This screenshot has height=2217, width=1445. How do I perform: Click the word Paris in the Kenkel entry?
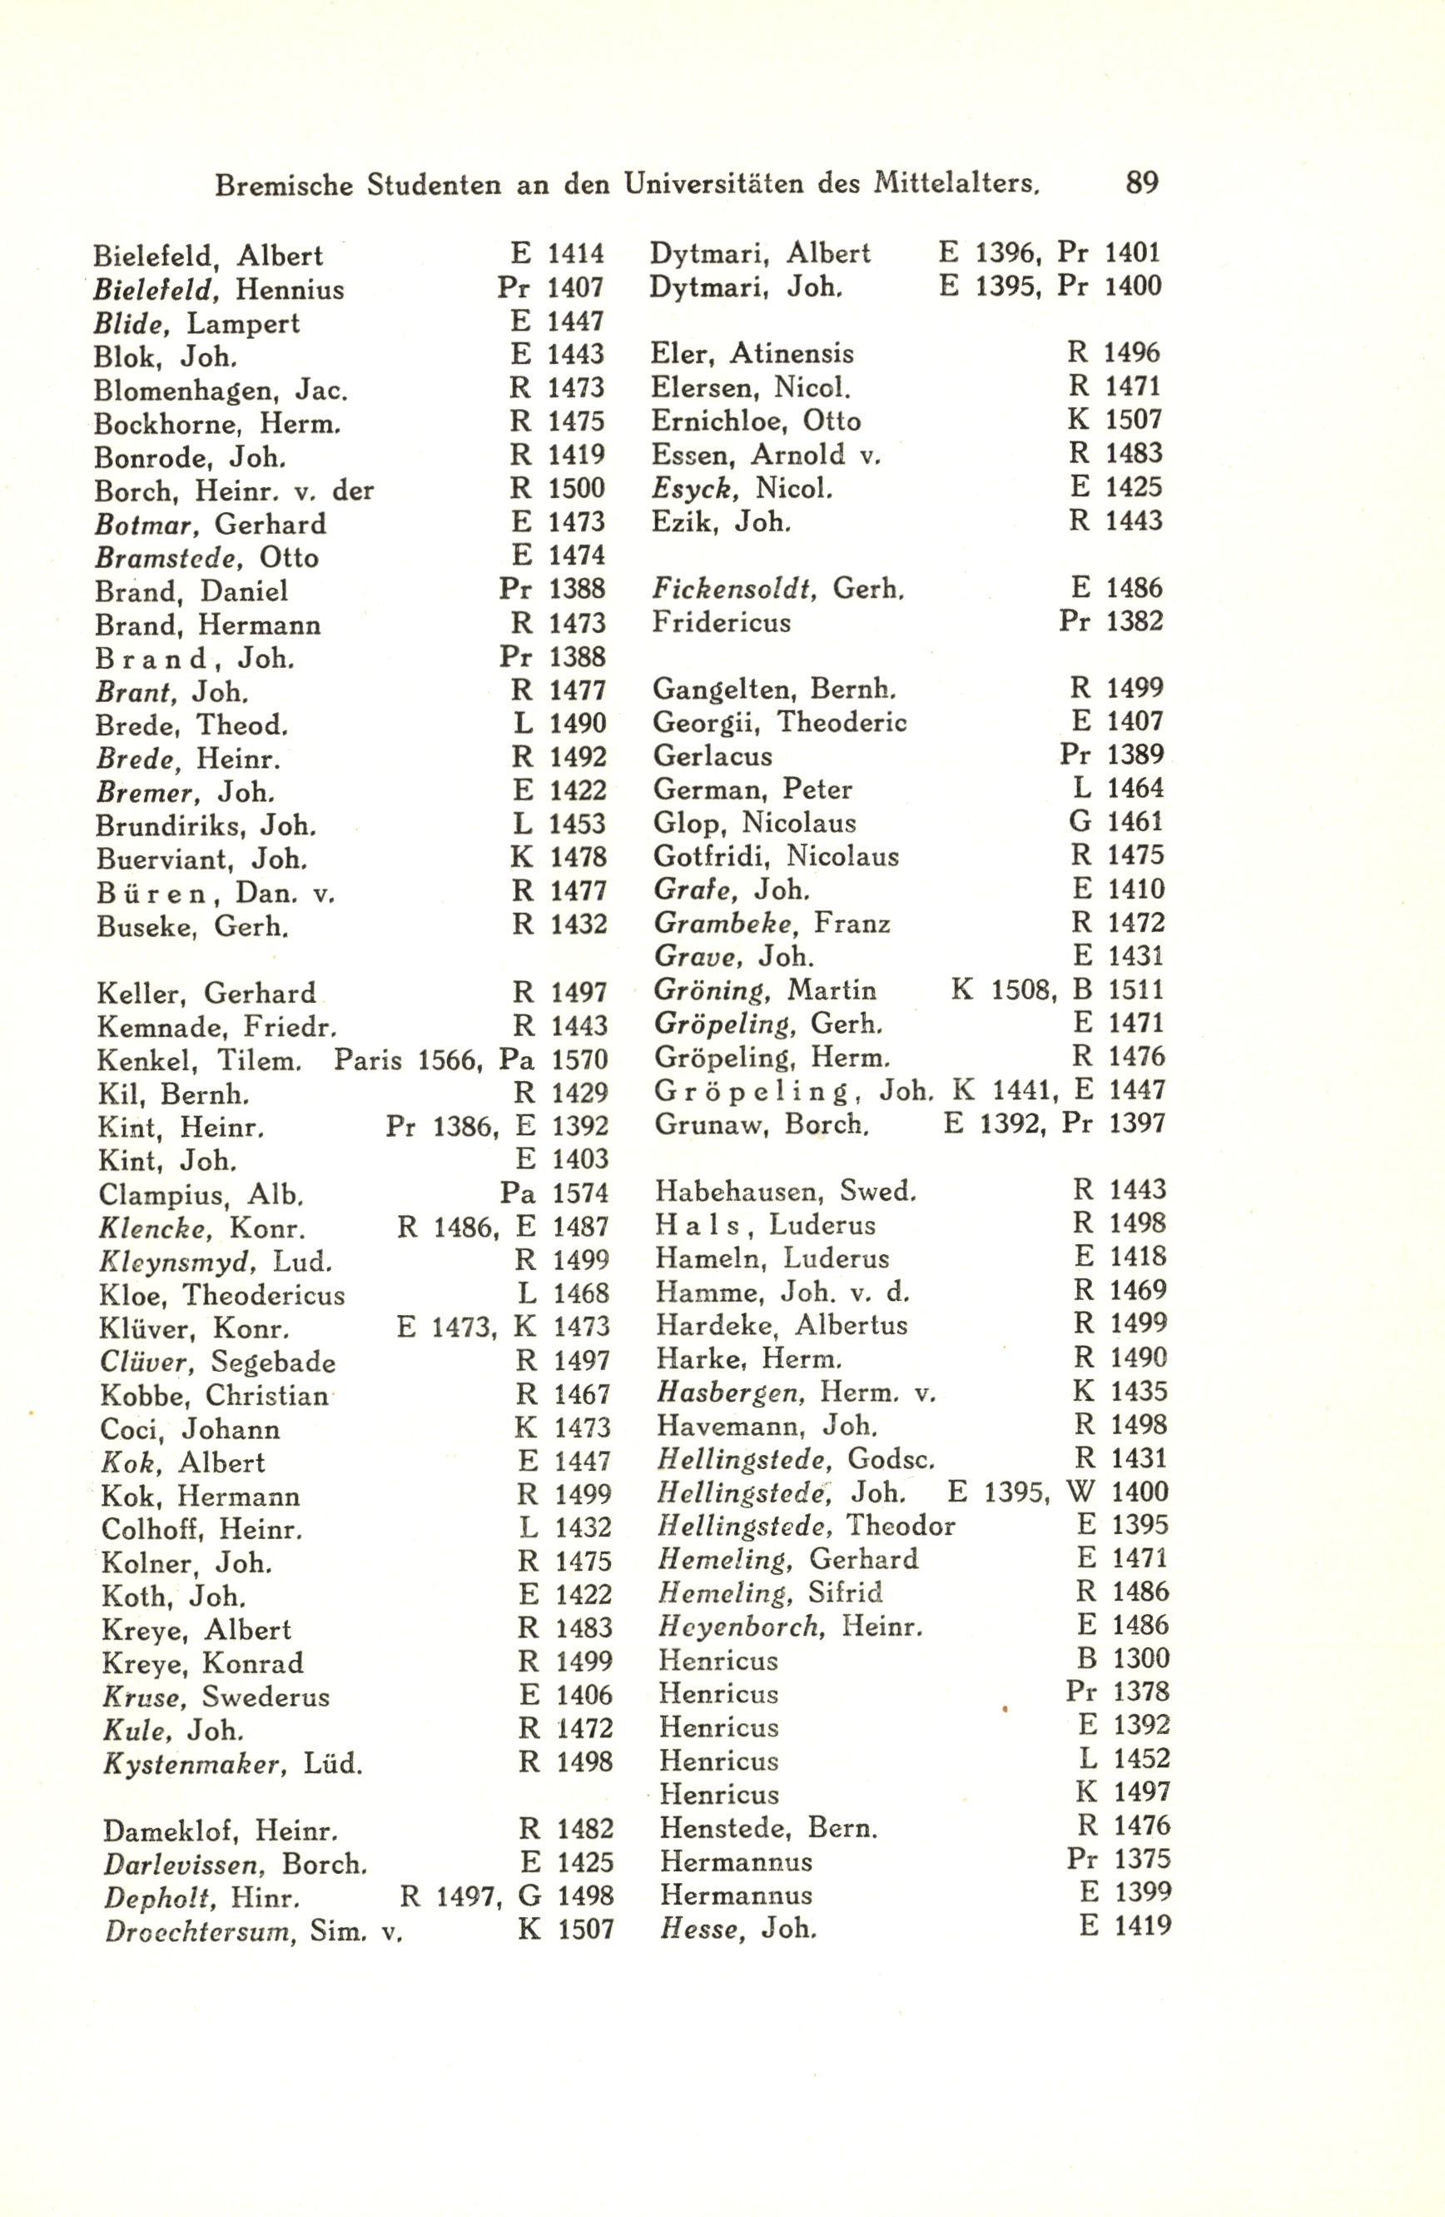point(368,1060)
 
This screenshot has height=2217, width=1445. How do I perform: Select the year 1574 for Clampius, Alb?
point(581,1193)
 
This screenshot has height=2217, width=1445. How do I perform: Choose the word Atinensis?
point(792,353)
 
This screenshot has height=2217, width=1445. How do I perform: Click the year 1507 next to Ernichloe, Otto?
point(1134,420)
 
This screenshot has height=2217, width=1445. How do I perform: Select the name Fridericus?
point(722,621)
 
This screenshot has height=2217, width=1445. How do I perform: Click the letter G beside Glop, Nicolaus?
point(1080,822)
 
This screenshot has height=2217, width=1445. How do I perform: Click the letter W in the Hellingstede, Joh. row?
point(1081,1492)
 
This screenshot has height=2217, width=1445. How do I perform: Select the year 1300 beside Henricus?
point(1140,1658)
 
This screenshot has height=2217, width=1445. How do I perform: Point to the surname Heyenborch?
point(741,1626)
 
